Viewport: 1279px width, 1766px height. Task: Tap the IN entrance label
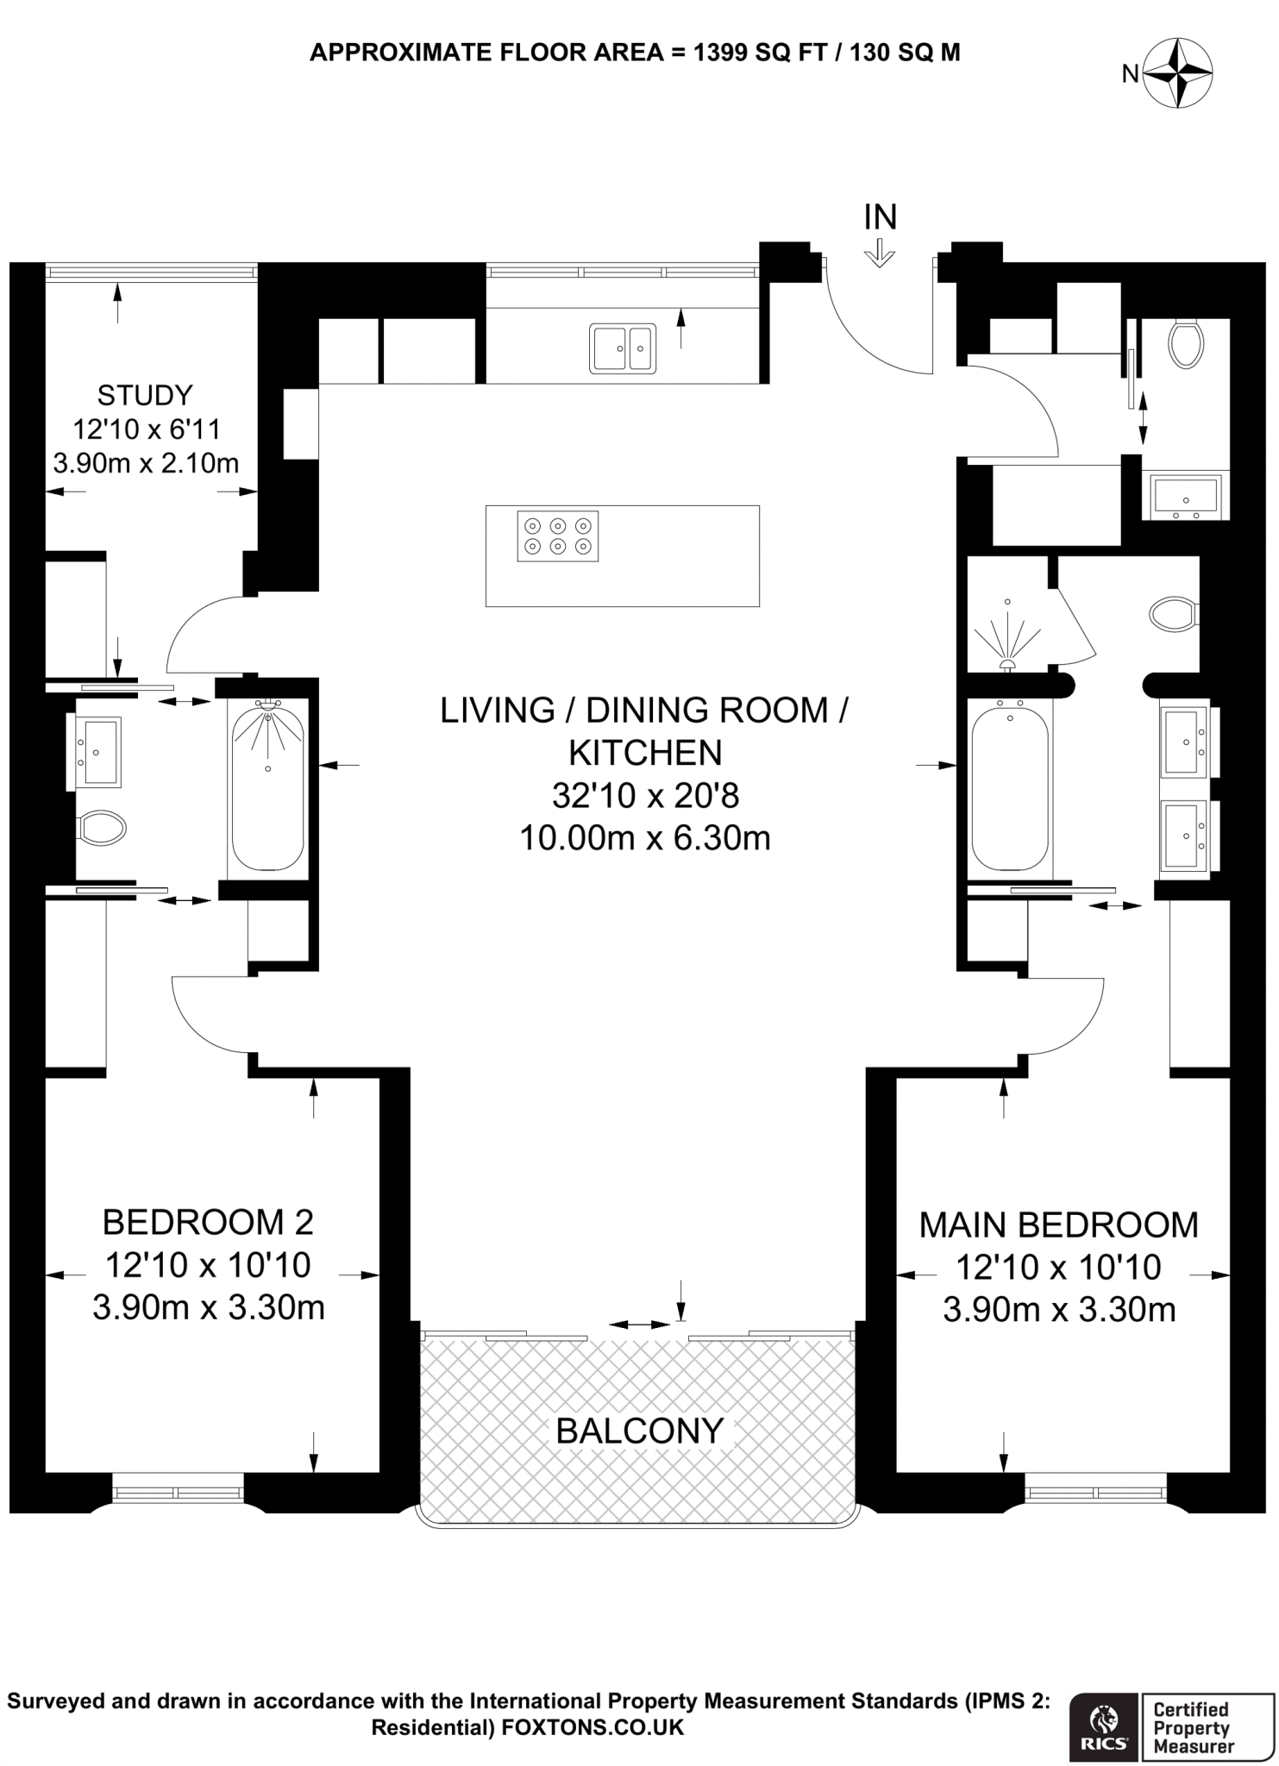(881, 217)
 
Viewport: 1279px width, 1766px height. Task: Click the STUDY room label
(144, 396)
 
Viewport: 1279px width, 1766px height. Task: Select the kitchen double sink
(622, 348)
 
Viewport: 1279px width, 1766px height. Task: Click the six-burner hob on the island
(557, 536)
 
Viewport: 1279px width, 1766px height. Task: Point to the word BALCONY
(639, 1431)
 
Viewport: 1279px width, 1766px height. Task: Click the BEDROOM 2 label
(208, 1222)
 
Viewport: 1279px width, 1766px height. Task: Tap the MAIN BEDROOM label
(1058, 1224)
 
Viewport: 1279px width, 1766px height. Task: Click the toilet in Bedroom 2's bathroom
(102, 829)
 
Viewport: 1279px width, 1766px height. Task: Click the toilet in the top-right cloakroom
(1185, 343)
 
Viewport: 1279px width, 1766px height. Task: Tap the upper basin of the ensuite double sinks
(1186, 740)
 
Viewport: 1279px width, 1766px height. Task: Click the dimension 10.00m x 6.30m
(644, 837)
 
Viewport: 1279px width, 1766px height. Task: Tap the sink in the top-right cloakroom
(1186, 497)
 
